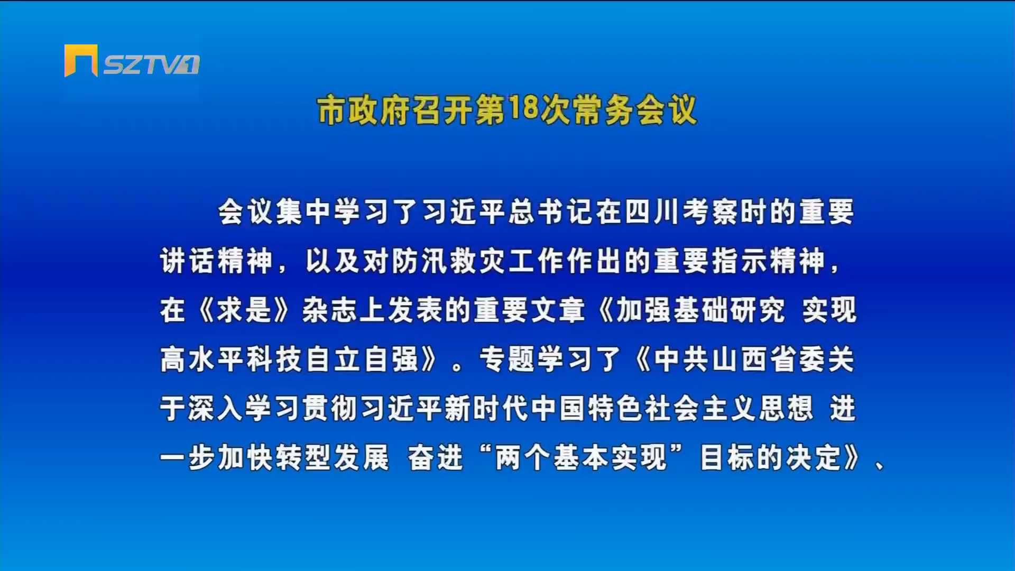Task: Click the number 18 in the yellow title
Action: click(522, 109)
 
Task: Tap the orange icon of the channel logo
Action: click(81, 60)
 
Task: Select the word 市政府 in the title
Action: click(363, 110)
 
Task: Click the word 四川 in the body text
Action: click(653, 211)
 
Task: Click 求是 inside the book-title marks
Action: click(244, 310)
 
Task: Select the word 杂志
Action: click(330, 310)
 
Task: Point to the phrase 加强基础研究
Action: click(700, 310)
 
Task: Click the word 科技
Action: click(273, 359)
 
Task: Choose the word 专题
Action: click(507, 359)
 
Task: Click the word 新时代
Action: click(486, 408)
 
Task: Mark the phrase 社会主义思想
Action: click(729, 408)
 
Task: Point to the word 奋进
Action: click(436, 457)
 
